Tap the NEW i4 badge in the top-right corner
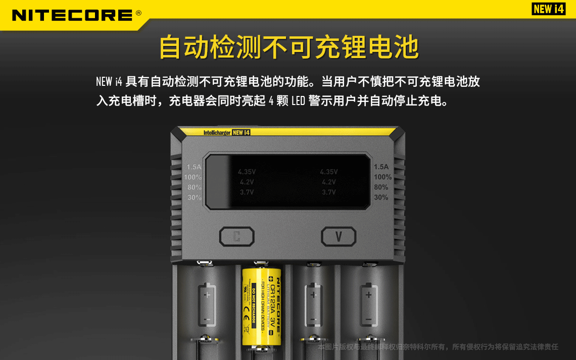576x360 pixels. click(x=549, y=9)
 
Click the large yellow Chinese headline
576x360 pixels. click(x=289, y=47)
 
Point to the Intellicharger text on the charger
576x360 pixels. click(x=217, y=133)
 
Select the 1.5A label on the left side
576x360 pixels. click(x=194, y=167)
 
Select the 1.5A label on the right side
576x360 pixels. click(x=381, y=167)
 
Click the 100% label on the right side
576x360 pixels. click(x=382, y=177)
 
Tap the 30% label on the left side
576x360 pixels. click(x=195, y=197)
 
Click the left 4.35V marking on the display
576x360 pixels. click(x=247, y=172)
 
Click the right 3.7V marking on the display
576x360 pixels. click(x=328, y=192)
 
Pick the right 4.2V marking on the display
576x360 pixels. click(x=328, y=182)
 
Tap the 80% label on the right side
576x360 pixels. click(x=381, y=187)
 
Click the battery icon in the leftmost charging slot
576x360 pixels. click(x=207, y=305)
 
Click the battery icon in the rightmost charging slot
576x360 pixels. click(x=369, y=305)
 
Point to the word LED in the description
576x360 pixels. click(x=298, y=101)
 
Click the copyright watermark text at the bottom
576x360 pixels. click(x=438, y=347)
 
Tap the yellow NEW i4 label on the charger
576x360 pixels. click(x=242, y=133)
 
